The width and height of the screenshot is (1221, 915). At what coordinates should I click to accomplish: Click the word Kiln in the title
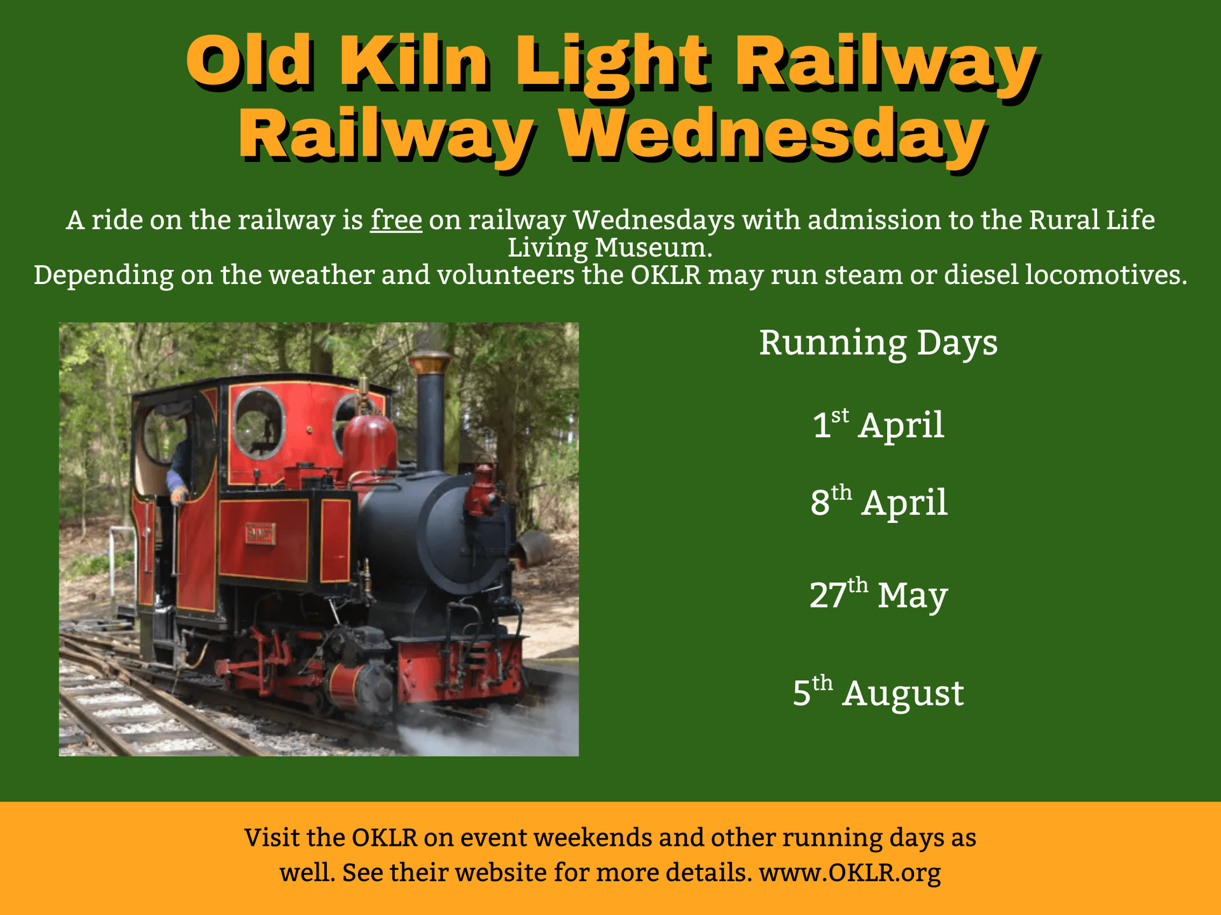click(x=414, y=62)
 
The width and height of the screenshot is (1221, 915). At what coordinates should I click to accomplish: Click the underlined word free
click(x=396, y=220)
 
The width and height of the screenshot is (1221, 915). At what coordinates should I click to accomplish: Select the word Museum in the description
click(x=653, y=248)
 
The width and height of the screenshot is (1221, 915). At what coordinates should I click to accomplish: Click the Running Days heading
click(x=878, y=343)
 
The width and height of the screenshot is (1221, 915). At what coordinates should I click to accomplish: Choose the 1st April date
click(x=878, y=424)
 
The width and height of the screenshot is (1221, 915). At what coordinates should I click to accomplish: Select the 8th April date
click(x=878, y=502)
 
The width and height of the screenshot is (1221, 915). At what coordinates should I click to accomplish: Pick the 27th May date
click(x=878, y=595)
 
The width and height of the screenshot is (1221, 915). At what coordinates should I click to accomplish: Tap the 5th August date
click(x=878, y=693)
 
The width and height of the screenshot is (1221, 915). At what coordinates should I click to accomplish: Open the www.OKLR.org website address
click(x=850, y=872)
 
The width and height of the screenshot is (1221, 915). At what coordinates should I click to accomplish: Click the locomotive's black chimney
click(x=431, y=419)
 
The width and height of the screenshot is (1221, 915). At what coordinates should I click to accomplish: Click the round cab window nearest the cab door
click(x=258, y=423)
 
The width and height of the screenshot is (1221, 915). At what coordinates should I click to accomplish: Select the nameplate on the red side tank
click(x=260, y=534)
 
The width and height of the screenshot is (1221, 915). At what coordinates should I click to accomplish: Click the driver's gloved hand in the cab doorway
click(x=178, y=494)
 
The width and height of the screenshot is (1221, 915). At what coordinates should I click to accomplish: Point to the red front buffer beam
click(x=458, y=667)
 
